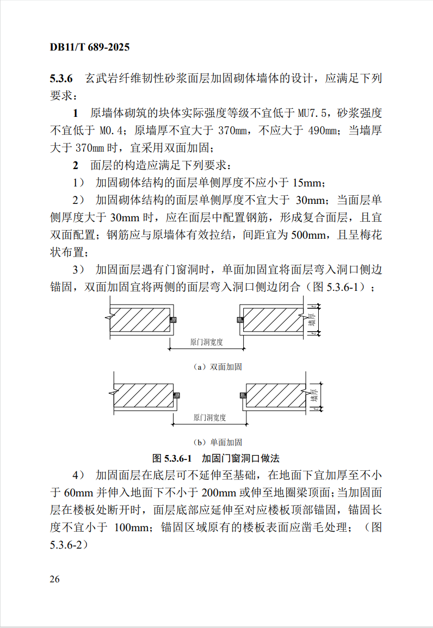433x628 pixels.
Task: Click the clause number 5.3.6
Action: [x=65, y=78]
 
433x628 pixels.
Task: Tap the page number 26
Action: [x=54, y=579]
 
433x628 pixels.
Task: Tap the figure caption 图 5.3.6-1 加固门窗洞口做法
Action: [x=216, y=458]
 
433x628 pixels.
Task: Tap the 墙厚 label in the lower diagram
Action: [x=313, y=395]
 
